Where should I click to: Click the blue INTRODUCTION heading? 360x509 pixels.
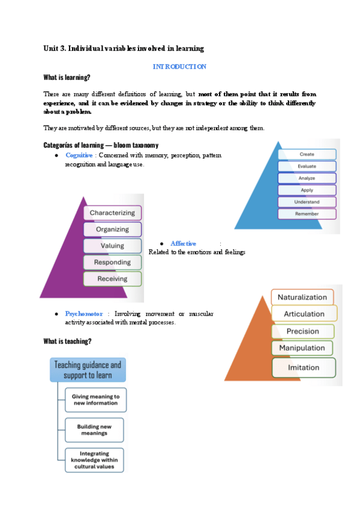click(179, 67)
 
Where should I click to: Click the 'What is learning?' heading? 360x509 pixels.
click(67, 77)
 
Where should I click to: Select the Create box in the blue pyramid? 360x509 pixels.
click(307, 154)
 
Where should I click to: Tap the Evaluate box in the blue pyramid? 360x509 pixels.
click(307, 166)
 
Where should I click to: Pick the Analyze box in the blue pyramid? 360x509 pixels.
click(307, 178)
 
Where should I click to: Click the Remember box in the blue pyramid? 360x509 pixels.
click(307, 214)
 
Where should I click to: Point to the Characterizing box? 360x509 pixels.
click(112, 212)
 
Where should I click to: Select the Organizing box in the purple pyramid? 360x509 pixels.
click(112, 229)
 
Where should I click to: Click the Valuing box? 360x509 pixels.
click(112, 245)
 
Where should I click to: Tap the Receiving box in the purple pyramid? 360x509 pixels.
click(112, 279)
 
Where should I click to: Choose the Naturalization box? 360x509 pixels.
click(302, 297)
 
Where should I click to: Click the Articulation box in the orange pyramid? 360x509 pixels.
click(304, 313)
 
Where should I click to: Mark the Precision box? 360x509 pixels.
click(303, 331)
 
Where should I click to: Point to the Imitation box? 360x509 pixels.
click(303, 367)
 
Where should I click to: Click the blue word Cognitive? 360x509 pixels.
click(79, 155)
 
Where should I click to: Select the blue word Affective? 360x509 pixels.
click(184, 243)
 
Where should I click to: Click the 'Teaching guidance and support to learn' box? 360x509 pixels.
click(88, 370)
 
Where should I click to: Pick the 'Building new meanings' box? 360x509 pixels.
click(95, 430)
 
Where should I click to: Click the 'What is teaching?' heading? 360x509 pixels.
click(67, 341)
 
